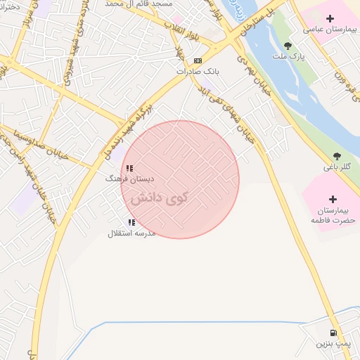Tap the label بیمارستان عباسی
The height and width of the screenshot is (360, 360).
coord(330,30)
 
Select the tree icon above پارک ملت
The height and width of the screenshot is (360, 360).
coord(288,45)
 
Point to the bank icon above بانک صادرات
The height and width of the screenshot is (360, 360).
coord(198,60)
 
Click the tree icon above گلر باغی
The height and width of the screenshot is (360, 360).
coord(337,155)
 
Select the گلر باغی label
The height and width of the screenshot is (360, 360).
coord(337,167)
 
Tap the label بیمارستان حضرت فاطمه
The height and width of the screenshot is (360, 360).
coord(334,215)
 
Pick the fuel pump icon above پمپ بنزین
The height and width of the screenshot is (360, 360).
coord(333,333)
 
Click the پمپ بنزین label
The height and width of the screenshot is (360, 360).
coord(330,344)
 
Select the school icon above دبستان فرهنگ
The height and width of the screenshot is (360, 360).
coord(129,168)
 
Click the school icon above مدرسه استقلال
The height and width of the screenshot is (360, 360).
coord(131,222)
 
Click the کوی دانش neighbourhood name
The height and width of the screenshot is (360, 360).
coord(159,197)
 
